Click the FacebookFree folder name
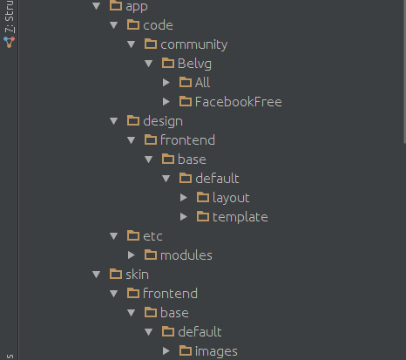239,102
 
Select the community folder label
194,44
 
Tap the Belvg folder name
194,64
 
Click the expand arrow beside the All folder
166,83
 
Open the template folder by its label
240,217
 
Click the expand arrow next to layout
184,198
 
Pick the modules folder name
186,255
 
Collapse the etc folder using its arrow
114,236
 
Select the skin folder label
137,275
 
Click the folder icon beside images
186,350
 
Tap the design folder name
163,121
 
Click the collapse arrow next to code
114,25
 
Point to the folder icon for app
116,6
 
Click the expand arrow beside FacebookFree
166,102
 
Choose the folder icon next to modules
151,255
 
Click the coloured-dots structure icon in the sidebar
9,42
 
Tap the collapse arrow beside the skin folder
97,275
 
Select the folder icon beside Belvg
168,63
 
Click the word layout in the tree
231,198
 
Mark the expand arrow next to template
184,217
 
